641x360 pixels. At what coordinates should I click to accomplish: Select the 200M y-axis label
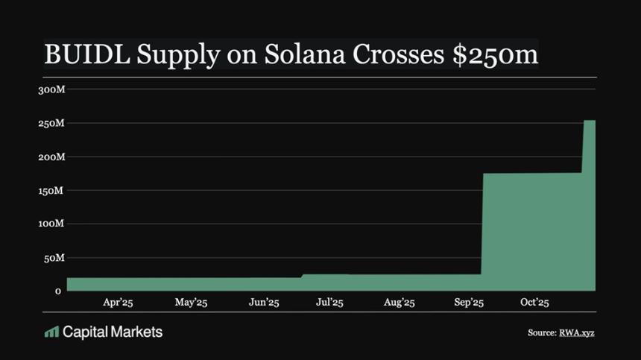point(51,157)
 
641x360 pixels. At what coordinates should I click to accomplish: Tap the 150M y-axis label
point(51,191)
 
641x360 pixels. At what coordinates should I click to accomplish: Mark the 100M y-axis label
point(51,224)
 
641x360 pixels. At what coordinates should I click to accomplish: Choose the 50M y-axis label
point(54,258)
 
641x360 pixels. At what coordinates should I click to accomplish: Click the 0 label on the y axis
point(57,291)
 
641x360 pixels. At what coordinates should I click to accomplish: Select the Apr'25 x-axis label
point(118,303)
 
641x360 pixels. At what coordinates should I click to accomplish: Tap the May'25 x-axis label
point(191,303)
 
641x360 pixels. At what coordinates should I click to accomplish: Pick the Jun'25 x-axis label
point(263,303)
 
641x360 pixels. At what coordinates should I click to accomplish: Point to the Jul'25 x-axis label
point(329,303)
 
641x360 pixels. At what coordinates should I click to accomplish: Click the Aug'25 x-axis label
point(399,303)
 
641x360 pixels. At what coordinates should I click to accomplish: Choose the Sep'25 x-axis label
point(469,303)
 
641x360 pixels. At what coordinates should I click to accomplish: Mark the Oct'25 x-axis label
point(534,303)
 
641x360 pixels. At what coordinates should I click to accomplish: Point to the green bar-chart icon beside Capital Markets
point(51,332)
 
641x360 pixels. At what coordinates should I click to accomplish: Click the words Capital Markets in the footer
point(113,332)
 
